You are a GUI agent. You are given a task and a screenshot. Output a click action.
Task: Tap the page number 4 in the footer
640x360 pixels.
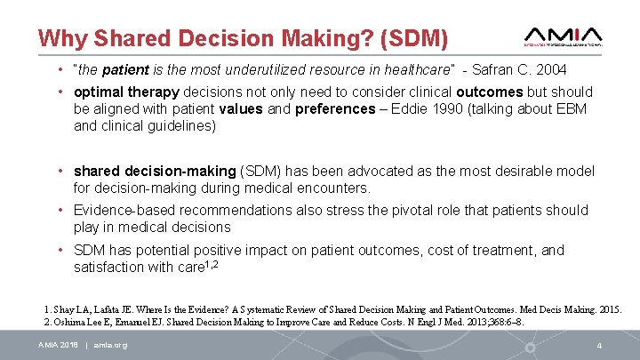[601, 345]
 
